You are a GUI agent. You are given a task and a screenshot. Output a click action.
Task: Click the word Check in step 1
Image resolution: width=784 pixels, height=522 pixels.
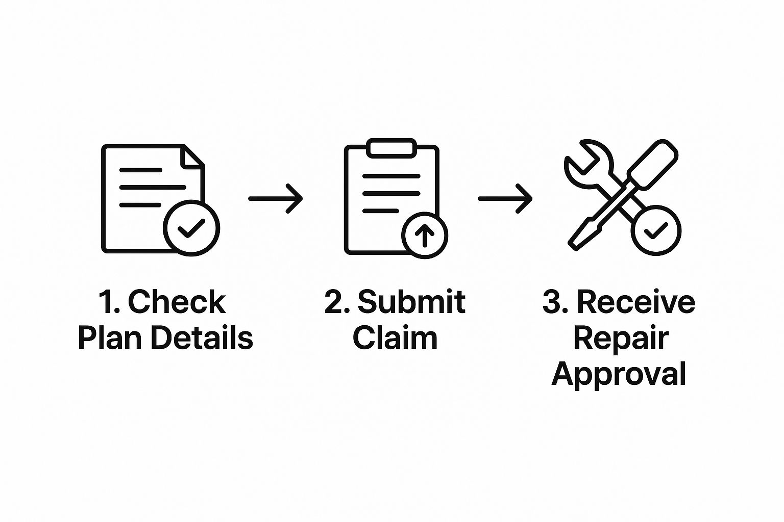[176, 302]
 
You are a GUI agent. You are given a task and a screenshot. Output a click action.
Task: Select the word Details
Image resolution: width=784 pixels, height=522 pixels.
[202, 338]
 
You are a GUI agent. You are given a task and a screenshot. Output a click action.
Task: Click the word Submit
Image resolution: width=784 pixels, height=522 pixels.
[411, 302]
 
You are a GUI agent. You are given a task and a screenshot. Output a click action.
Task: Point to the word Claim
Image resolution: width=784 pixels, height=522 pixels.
[395, 338]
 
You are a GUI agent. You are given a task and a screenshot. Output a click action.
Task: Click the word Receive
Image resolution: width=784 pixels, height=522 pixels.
[635, 302]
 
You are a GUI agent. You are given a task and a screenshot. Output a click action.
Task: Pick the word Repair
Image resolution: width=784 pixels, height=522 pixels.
[621, 338]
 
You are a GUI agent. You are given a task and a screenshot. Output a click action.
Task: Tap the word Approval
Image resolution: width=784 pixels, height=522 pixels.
[619, 375]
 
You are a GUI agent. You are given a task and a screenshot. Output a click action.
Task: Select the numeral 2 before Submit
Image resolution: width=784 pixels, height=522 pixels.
[334, 302]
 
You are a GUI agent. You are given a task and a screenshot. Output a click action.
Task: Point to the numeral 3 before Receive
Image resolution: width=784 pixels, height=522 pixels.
[552, 302]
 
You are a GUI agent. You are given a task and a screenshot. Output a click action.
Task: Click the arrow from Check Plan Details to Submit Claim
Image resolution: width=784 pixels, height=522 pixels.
[276, 198]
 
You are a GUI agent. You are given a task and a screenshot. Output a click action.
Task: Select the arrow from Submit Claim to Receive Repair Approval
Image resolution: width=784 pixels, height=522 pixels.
[505, 198]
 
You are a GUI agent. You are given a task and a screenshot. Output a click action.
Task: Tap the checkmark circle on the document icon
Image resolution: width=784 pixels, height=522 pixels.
[191, 228]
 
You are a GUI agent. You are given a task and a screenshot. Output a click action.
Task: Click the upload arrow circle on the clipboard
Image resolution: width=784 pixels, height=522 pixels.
[425, 235]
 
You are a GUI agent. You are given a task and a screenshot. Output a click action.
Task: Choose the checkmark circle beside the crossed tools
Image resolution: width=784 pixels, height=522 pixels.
[656, 230]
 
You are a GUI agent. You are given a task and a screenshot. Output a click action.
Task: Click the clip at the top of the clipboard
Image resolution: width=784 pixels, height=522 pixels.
[391, 148]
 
